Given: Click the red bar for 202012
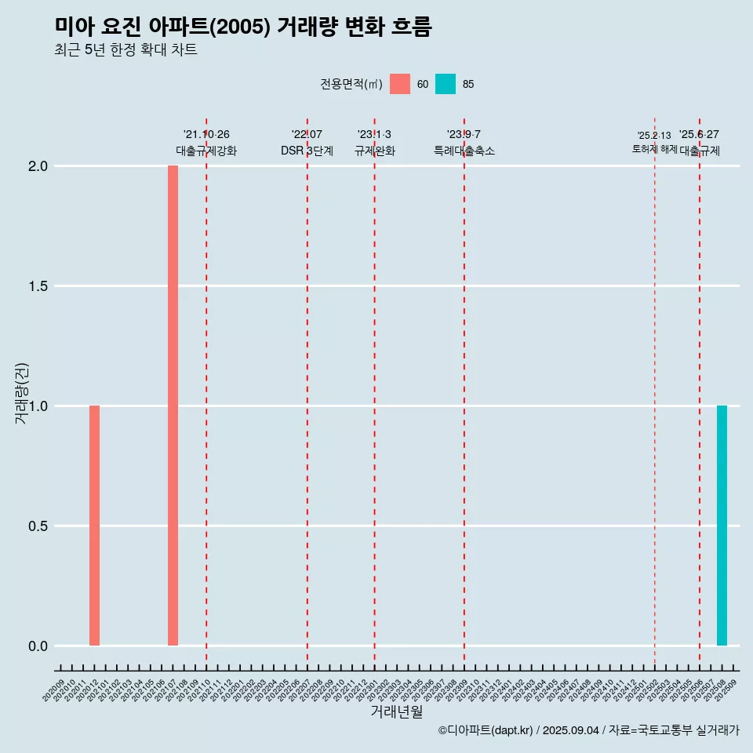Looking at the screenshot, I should point(94,526).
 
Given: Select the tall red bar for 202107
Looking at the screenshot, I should point(173,406).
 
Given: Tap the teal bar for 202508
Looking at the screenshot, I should point(722,526).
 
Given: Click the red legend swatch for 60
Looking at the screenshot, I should point(400,84).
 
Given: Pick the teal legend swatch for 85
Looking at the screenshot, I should point(446,84).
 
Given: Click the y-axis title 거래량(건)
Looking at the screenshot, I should point(22,394).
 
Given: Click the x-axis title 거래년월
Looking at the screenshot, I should point(396,712).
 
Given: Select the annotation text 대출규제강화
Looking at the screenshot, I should point(206,151).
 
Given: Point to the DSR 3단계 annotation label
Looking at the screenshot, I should point(307,151).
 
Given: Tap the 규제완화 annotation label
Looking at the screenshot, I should point(374,151).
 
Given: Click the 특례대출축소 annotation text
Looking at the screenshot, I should point(464,151).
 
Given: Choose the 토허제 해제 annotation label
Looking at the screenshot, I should point(654,149).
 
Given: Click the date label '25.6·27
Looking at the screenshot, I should point(699,135).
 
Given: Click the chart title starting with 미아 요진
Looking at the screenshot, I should point(243,27).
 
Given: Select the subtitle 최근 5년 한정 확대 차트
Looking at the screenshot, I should point(125,50).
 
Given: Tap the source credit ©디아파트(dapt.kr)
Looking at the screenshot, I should point(486,730).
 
